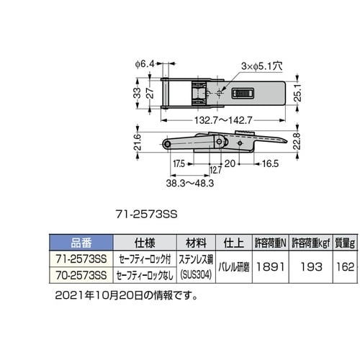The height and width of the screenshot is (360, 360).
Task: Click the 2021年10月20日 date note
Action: tap(125, 295)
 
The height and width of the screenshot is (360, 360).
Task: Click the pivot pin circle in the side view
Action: tap(167, 145)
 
